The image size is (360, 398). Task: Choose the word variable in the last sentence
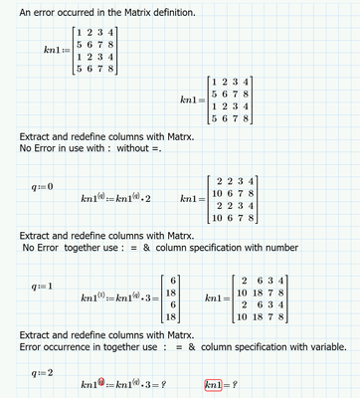(x=322, y=347)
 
